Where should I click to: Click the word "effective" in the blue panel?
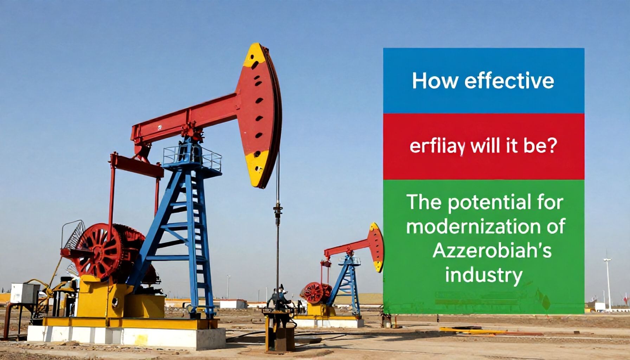(x=509, y=81)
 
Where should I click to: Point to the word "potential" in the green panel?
(x=489, y=204)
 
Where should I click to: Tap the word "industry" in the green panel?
(x=483, y=275)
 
